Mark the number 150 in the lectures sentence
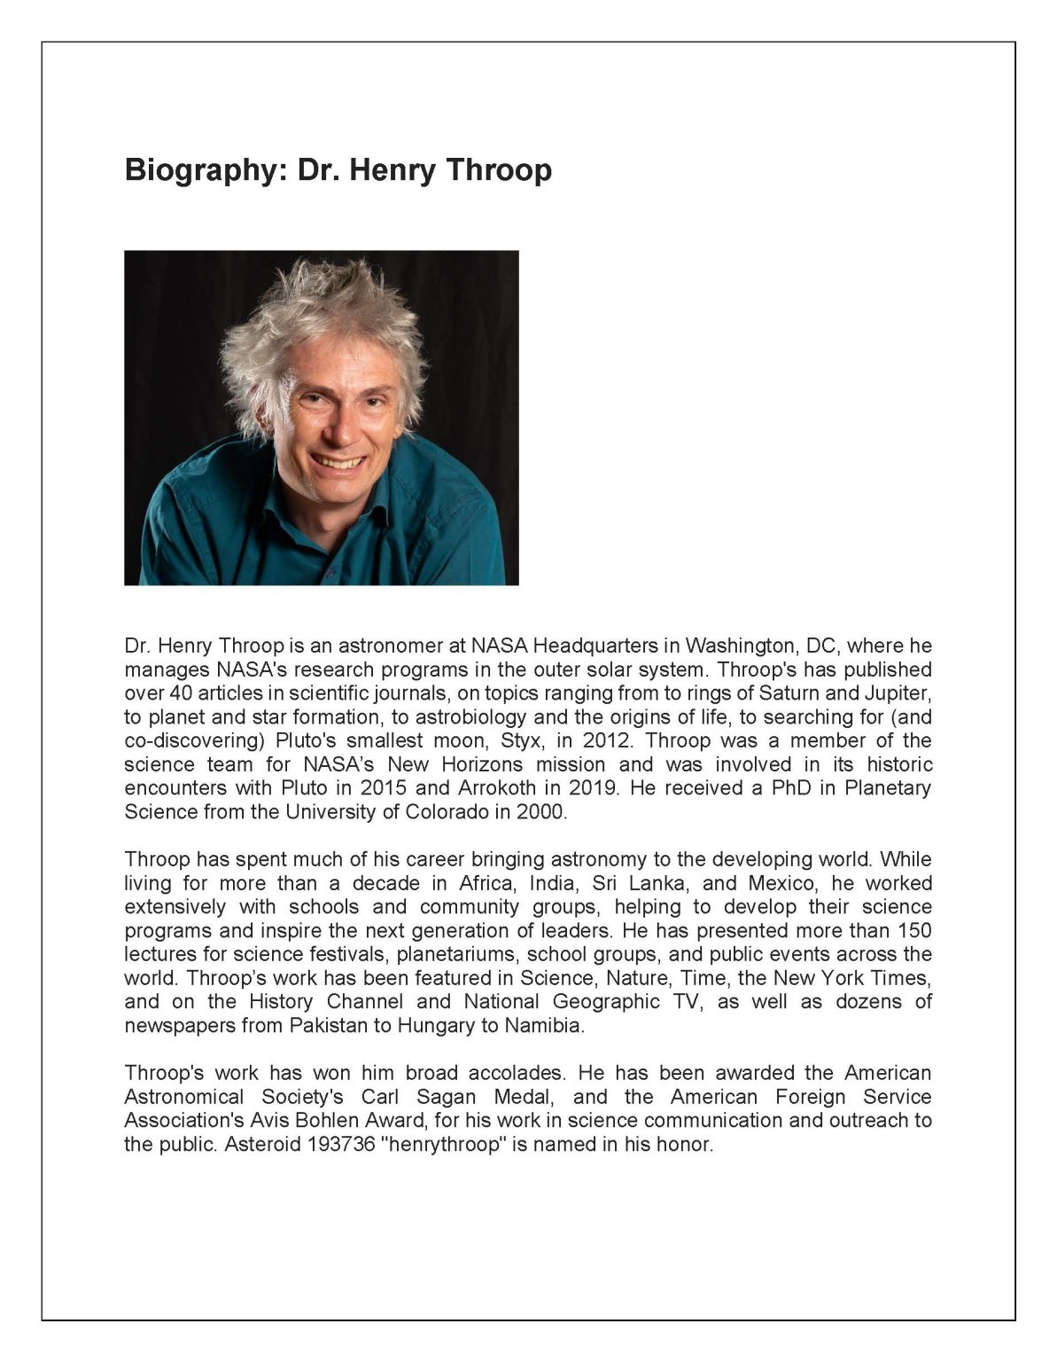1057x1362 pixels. point(913,930)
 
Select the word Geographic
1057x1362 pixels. point(606,1002)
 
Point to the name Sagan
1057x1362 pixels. point(446,1097)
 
